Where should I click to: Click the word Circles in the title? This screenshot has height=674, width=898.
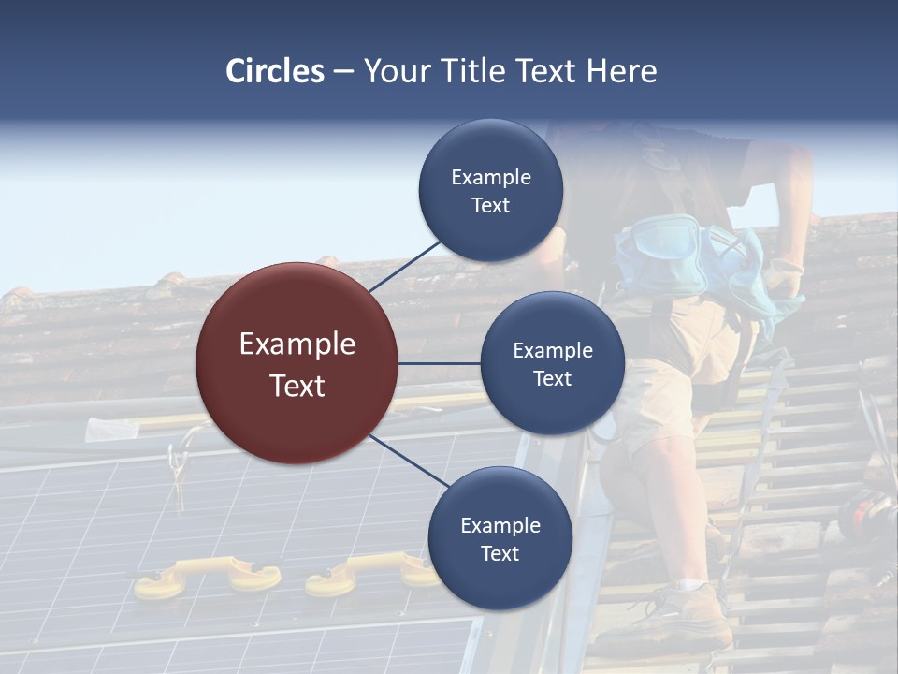(275, 71)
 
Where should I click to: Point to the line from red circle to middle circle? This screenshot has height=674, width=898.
(440, 363)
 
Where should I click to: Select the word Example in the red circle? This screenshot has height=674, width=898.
(297, 344)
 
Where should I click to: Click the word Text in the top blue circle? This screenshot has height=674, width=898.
(491, 205)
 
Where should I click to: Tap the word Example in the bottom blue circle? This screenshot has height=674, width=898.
(500, 525)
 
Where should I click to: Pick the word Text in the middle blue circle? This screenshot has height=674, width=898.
(552, 378)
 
